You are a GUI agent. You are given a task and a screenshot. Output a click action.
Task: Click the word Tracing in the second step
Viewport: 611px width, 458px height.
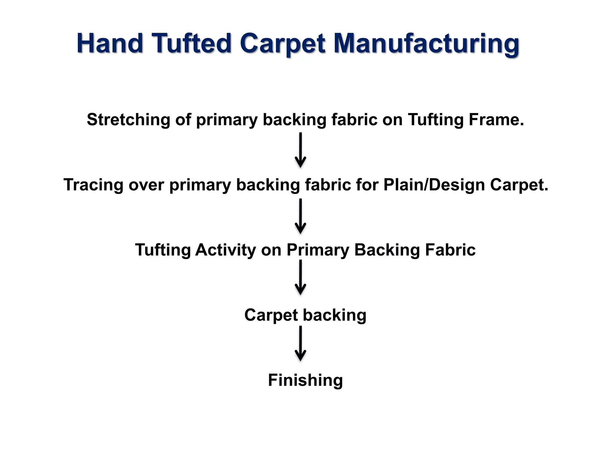tap(93, 185)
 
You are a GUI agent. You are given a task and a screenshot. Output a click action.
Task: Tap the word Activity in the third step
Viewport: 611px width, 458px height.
tap(226, 250)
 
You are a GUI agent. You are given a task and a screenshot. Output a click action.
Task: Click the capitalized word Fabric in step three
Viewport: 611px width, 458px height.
tap(450, 250)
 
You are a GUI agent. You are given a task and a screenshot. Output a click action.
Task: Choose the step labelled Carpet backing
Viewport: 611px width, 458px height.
tap(305, 315)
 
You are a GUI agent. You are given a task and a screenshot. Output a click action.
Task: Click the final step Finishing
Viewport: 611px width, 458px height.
tap(305, 380)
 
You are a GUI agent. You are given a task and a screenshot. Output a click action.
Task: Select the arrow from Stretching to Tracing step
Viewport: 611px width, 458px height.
tap(300, 150)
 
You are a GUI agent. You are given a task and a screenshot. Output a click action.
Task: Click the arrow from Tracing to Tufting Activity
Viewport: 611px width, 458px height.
tap(300, 216)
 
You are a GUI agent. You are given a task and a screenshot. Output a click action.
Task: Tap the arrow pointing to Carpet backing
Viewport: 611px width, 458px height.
tap(300, 277)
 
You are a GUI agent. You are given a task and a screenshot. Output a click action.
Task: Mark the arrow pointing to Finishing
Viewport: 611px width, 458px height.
tap(300, 343)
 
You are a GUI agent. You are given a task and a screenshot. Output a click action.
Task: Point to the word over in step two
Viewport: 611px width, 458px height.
tap(146, 185)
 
